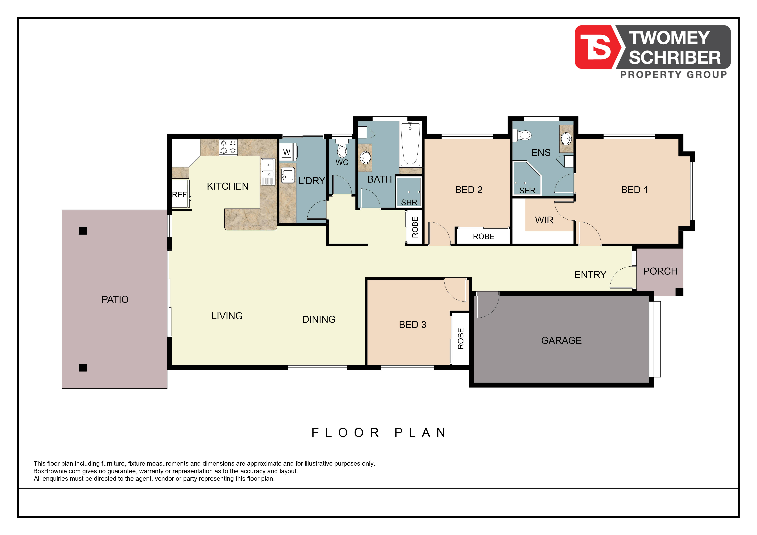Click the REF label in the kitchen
pyautogui.click(x=179, y=195)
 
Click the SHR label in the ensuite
pyautogui.click(x=527, y=190)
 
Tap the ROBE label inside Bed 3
pyautogui.click(x=461, y=339)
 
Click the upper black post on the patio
pyautogui.click(x=83, y=231)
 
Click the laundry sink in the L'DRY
pyautogui.click(x=288, y=175)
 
